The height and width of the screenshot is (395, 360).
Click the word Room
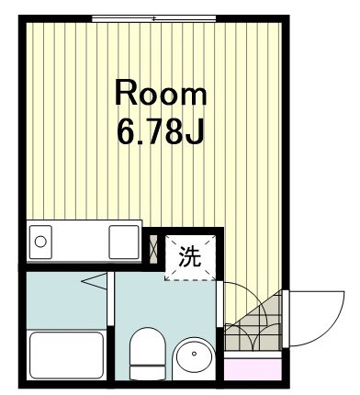tap(161, 93)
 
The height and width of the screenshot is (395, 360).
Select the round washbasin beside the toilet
tap(194, 358)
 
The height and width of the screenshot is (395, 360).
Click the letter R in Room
tap(125, 93)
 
